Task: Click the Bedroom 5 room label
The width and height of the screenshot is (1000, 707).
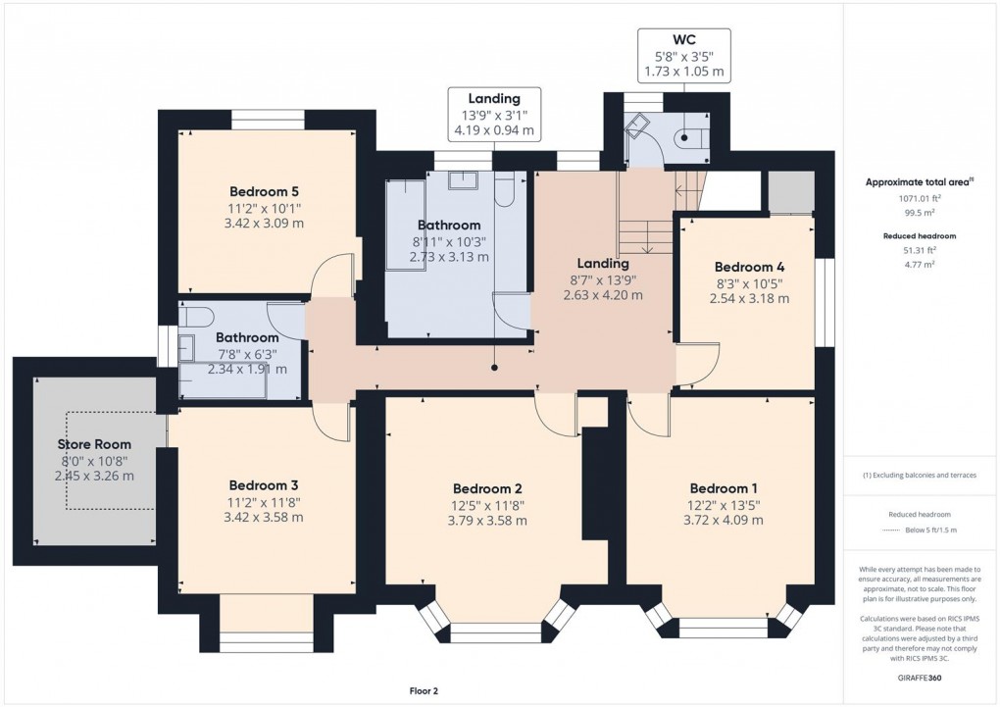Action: (x=264, y=191)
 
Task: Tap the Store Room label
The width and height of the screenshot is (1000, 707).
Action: (x=93, y=444)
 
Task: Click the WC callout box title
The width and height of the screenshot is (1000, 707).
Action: (x=684, y=38)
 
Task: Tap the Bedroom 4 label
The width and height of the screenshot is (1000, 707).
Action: (x=749, y=267)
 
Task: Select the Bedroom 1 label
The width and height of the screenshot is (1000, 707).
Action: (x=724, y=489)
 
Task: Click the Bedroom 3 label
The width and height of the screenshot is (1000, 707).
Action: (x=264, y=485)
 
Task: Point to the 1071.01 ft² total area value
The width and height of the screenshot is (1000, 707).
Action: (x=919, y=198)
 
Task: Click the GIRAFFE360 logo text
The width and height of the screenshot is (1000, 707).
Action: (x=919, y=679)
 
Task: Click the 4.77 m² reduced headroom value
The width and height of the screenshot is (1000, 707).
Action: (x=919, y=264)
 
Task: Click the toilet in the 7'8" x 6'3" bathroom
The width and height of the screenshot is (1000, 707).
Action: (x=195, y=315)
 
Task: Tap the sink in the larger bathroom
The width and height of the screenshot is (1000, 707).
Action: (x=464, y=179)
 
